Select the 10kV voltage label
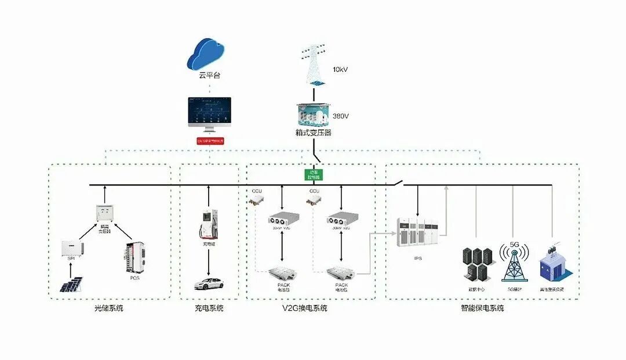(340, 69)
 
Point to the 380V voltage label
(341, 116)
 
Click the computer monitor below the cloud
(209, 113)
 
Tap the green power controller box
(313, 174)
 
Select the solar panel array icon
(72, 284)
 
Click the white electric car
(209, 284)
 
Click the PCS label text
(134, 278)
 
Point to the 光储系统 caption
(109, 308)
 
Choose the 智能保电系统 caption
(482, 308)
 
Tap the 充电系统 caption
(209, 308)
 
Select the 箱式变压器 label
(313, 133)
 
